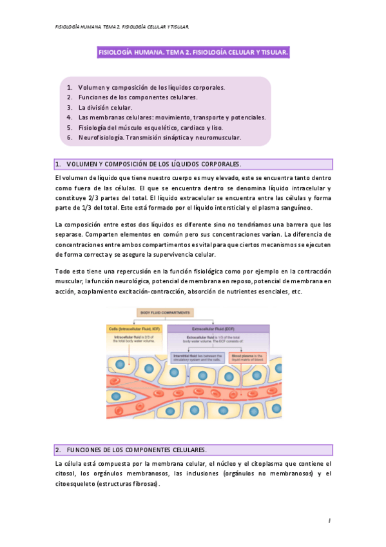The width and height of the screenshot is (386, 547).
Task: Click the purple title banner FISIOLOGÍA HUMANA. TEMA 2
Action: click(193, 52)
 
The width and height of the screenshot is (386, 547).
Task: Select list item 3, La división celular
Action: click(105, 108)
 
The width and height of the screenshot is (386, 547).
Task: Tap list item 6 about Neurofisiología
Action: click(160, 137)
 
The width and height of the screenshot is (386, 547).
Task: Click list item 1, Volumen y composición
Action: click(151, 87)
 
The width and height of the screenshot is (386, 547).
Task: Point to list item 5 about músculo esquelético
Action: click(151, 128)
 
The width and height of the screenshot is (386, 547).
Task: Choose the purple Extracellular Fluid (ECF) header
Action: click(218, 328)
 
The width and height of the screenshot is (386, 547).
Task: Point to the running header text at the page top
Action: click(122, 27)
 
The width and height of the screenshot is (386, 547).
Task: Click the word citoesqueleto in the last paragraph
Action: click(75, 484)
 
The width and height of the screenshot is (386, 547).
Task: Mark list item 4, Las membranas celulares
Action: click(172, 117)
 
